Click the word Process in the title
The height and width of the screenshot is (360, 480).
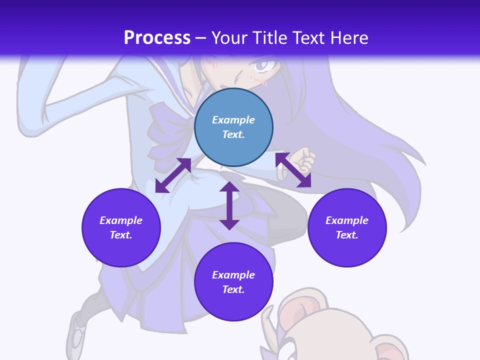click(x=157, y=37)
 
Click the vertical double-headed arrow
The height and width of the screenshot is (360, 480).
click(x=229, y=205)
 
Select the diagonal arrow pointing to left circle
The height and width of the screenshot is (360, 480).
click(x=173, y=175)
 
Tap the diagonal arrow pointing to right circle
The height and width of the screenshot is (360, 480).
click(x=293, y=170)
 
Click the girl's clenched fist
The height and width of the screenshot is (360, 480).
click(x=303, y=159)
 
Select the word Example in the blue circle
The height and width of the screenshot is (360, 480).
click(x=233, y=120)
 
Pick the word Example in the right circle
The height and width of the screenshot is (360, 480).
click(x=347, y=220)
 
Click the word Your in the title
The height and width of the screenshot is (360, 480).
click(x=227, y=38)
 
